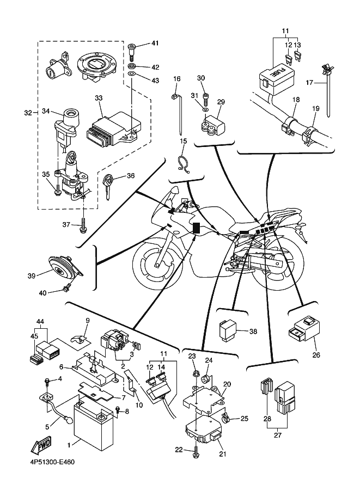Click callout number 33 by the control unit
pyautogui.click(x=98, y=98)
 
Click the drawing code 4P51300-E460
pyautogui.click(x=48, y=463)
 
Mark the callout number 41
pyautogui.click(x=155, y=43)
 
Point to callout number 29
pyautogui.click(x=221, y=102)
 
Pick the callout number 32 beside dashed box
pyautogui.click(x=28, y=113)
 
